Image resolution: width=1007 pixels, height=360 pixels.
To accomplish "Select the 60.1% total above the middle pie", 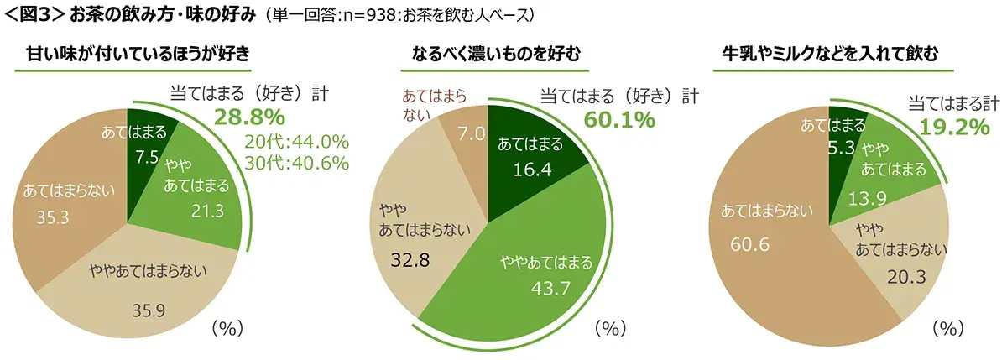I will [618, 120].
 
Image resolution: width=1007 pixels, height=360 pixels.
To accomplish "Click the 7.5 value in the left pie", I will [149, 156].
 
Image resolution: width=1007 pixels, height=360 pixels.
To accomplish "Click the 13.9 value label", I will [890, 198].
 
